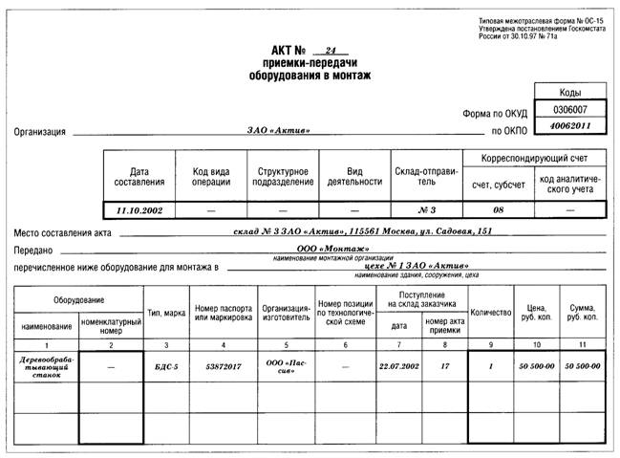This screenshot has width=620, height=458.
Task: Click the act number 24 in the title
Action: (331, 49)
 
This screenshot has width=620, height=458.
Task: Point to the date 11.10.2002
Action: (139, 208)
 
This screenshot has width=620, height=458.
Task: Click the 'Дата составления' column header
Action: (139, 175)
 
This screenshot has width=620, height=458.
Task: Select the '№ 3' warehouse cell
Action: (426, 208)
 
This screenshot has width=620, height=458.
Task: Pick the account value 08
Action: (497, 208)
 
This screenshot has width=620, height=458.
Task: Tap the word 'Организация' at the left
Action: (40, 132)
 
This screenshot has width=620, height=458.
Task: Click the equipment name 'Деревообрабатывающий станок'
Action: (46, 367)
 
